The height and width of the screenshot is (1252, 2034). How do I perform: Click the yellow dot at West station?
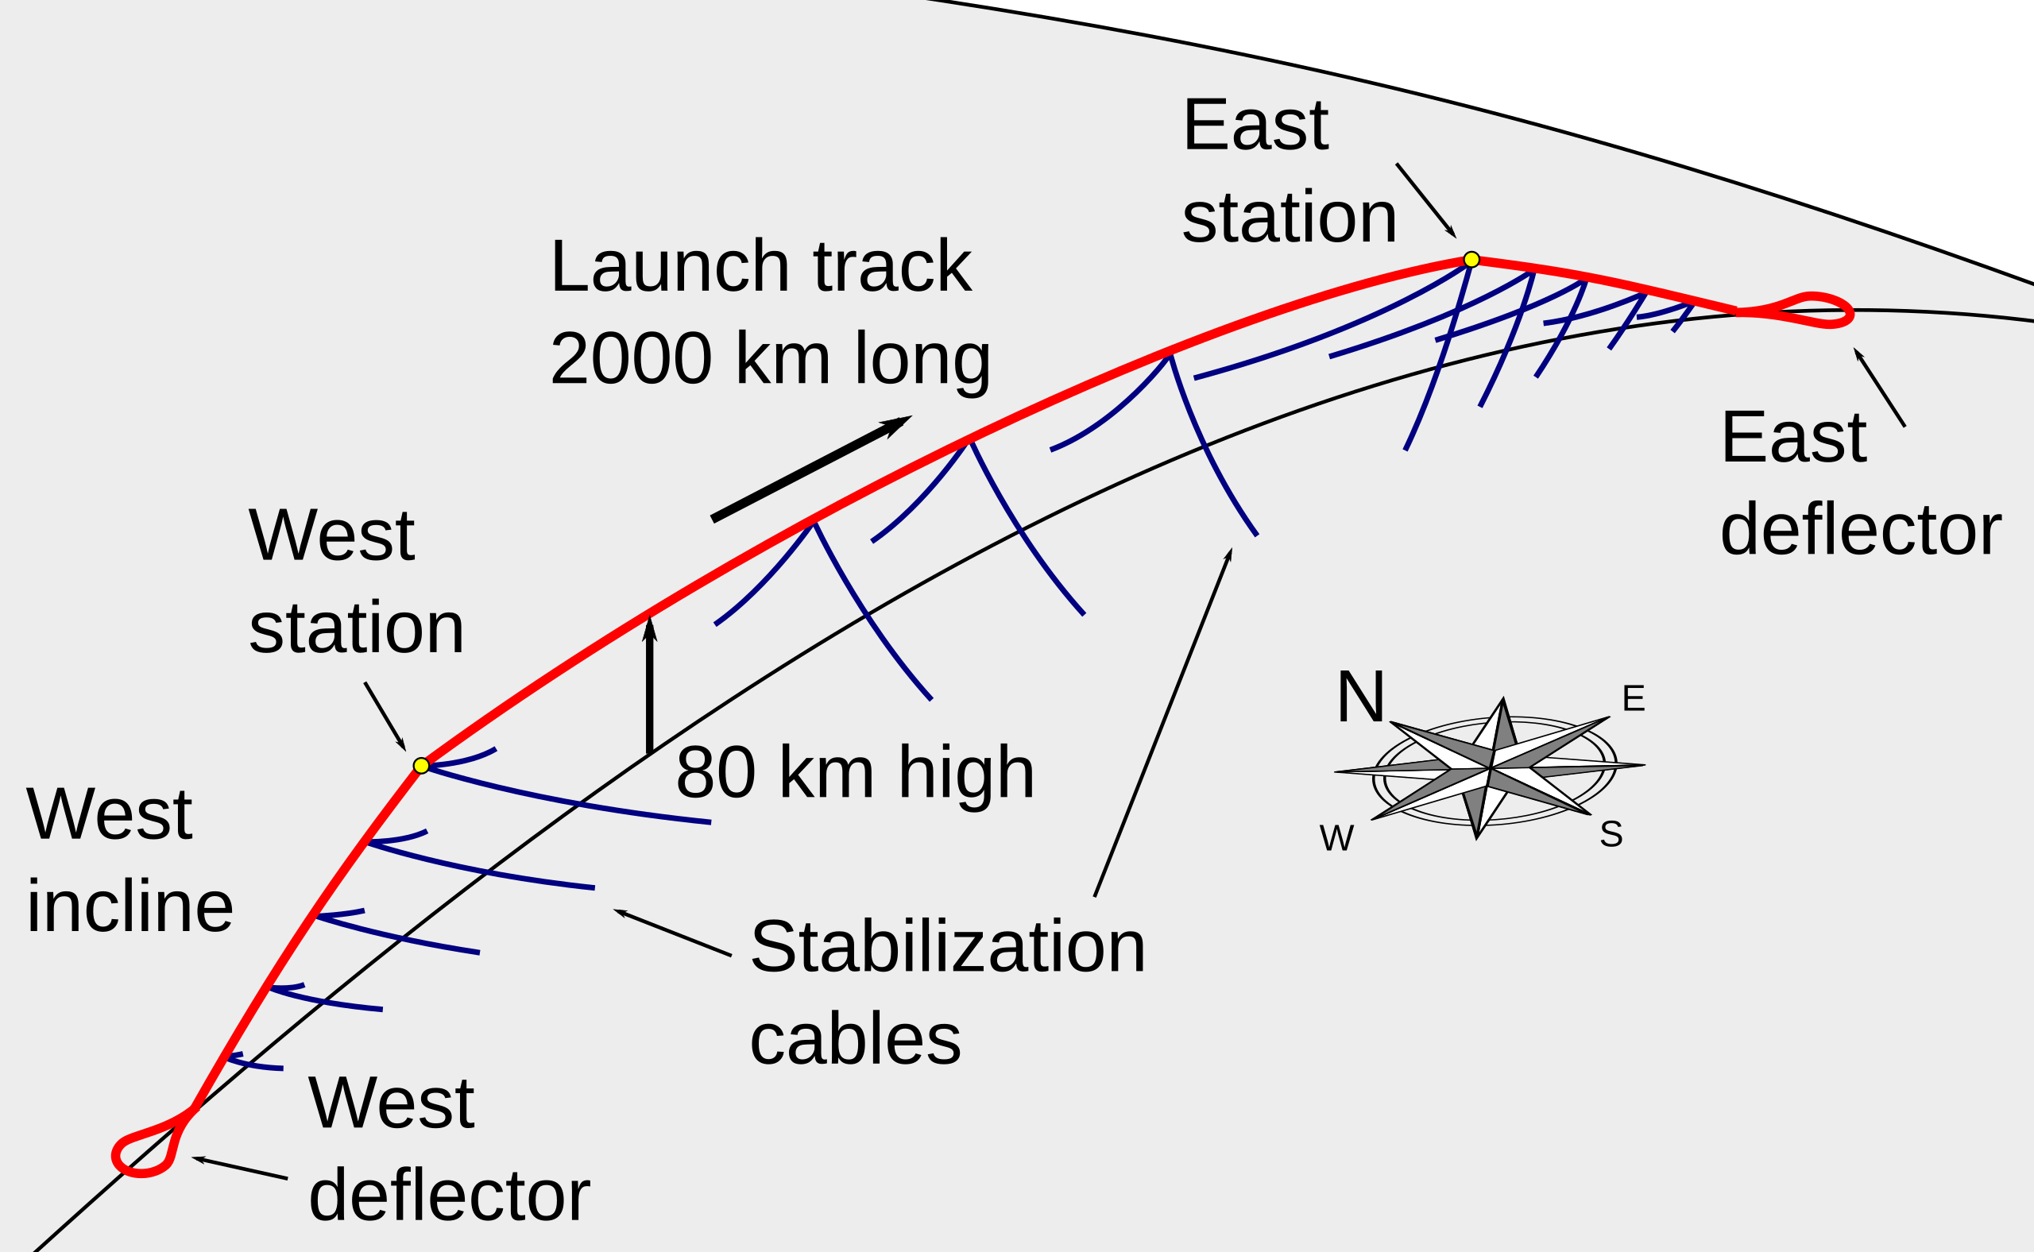(421, 765)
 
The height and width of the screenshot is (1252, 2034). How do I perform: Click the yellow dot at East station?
(1471, 259)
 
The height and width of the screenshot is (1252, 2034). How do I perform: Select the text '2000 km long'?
(770, 359)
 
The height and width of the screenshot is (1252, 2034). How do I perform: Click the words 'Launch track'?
(760, 267)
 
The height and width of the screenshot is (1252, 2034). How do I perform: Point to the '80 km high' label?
(855, 772)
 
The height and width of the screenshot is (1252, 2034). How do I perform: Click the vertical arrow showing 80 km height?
(650, 685)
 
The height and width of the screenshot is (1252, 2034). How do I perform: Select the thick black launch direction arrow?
(811, 468)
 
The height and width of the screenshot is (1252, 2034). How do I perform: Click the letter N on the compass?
(1361, 697)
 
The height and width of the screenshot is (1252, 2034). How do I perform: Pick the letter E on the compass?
(1634, 699)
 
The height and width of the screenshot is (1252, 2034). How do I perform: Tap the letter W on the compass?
(1336, 838)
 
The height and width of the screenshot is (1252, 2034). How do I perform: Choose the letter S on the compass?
(1611, 834)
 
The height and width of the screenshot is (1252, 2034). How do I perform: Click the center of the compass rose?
(1490, 768)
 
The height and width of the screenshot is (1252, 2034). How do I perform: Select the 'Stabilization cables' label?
(947, 993)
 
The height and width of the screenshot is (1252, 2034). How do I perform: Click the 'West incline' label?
(130, 860)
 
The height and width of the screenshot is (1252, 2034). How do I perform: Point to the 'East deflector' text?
(1860, 485)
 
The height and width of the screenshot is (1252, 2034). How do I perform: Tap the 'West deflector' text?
(449, 1150)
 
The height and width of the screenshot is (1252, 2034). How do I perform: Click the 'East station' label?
(1290, 172)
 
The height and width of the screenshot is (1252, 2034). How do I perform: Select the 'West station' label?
(356, 582)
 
